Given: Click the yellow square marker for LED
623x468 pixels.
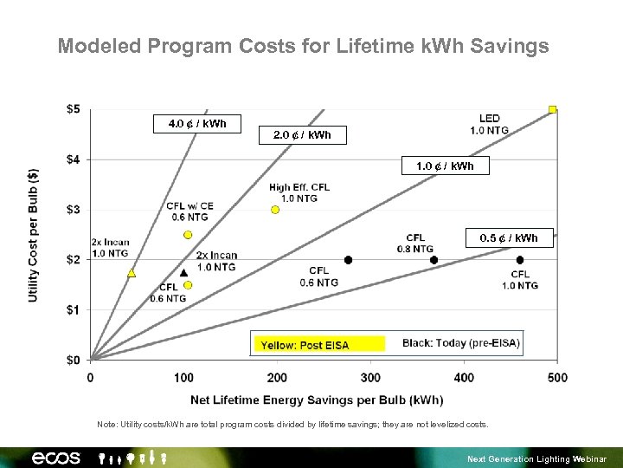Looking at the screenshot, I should [552, 109].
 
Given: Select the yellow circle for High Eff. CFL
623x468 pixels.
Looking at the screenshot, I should [275, 210].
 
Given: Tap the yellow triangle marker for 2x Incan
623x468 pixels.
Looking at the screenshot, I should [132, 273].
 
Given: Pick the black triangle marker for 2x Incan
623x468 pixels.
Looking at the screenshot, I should [183, 272].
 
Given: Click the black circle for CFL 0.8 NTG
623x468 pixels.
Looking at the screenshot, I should [434, 260].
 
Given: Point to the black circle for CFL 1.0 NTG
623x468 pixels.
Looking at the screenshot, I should [520, 260].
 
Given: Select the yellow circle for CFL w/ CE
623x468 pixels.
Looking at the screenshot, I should [188, 235].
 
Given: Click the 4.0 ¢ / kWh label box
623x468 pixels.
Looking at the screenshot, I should [197, 124].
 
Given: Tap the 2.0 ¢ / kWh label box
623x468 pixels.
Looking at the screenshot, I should [302, 135].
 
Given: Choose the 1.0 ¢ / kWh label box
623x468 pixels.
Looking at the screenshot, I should [445, 166].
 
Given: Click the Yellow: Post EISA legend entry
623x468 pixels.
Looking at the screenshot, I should [318, 345].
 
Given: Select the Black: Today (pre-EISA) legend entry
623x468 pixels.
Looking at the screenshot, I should [461, 343].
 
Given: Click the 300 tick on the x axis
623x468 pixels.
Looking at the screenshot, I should [370, 377].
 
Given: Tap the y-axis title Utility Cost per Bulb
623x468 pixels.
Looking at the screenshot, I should [33, 235].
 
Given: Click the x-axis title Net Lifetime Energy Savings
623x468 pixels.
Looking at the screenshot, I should [317, 400].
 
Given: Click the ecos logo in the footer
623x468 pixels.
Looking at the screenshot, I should [56, 457].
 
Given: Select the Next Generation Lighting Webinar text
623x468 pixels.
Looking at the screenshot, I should [536, 458].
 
